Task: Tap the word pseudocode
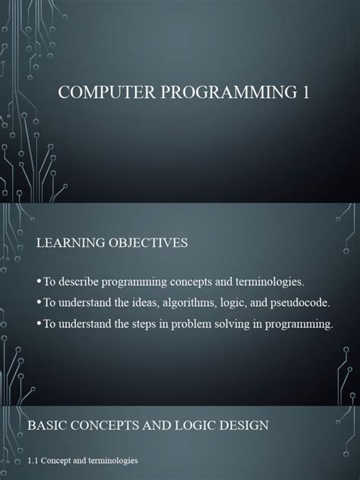pyautogui.click(x=292, y=303)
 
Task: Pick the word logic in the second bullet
pyautogui.click(x=230, y=303)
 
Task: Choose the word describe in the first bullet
pyautogui.click(x=82, y=282)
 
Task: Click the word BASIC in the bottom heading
pyautogui.click(x=48, y=425)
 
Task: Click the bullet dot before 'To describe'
pyautogui.click(x=39, y=283)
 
